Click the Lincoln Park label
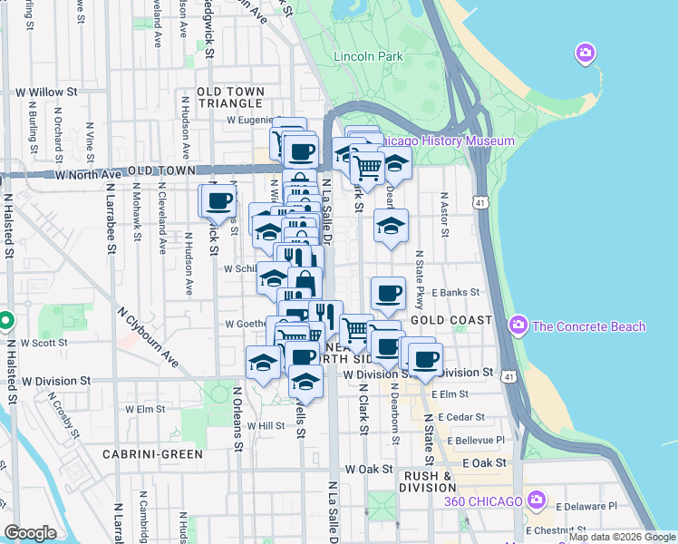pyautogui.click(x=368, y=57)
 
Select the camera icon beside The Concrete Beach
pyautogui.click(x=519, y=324)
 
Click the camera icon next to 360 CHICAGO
pyautogui.click(x=538, y=500)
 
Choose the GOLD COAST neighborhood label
pyautogui.click(x=450, y=321)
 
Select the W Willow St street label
pyautogui.click(x=41, y=92)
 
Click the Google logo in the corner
pyautogui.click(x=30, y=533)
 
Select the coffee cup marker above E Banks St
pyautogui.click(x=388, y=293)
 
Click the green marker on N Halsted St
pyautogui.click(x=5, y=321)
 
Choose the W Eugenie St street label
pyautogui.click(x=251, y=120)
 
